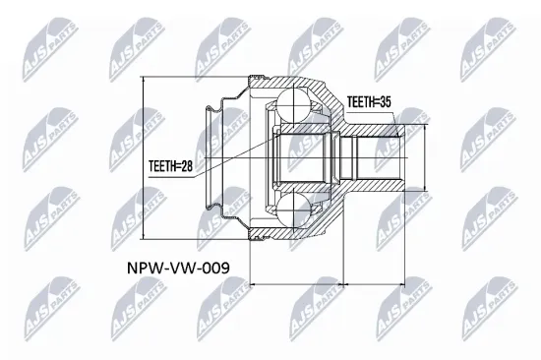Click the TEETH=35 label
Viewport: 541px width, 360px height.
(x=369, y=100)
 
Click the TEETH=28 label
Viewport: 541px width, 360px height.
(x=170, y=167)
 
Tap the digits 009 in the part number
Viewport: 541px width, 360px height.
(x=203, y=266)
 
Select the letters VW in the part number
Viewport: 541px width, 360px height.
(x=170, y=266)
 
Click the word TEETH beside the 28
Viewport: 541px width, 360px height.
(x=160, y=167)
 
